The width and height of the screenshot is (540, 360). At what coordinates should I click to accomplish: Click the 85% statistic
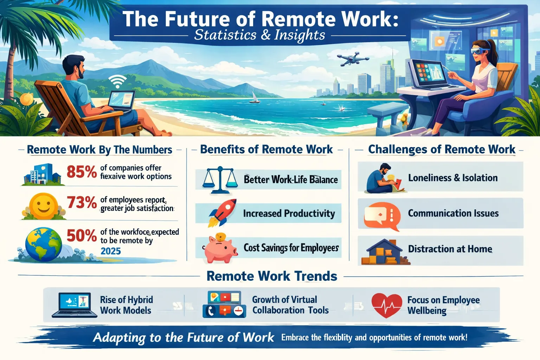click(x=82, y=172)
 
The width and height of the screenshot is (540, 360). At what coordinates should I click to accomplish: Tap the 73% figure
click(x=82, y=203)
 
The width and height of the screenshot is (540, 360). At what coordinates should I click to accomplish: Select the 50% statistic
click(x=82, y=236)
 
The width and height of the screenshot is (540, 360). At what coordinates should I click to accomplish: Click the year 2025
click(x=111, y=251)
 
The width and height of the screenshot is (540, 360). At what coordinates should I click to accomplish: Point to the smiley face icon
click(x=44, y=206)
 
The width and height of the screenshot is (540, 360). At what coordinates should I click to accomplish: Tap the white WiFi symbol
click(x=117, y=82)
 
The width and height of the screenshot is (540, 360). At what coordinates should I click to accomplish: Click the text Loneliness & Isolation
click(x=453, y=178)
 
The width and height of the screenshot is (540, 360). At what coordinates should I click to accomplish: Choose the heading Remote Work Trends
click(x=272, y=276)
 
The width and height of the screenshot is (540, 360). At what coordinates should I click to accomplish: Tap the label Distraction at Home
click(x=450, y=249)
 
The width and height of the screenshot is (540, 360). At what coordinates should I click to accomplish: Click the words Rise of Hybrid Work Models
click(x=126, y=305)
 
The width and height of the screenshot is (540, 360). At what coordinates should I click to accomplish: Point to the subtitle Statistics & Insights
click(x=259, y=35)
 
